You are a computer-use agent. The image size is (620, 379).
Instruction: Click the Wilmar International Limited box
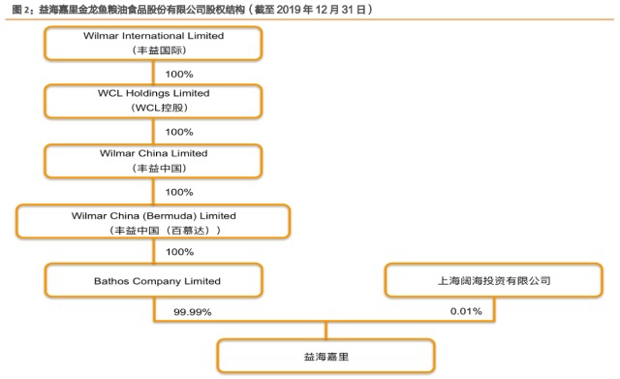point(153,43)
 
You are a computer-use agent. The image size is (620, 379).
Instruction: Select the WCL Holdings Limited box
point(153,101)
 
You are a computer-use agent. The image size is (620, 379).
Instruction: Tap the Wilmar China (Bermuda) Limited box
point(153,221)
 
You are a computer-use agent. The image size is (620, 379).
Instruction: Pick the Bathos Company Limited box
point(153,280)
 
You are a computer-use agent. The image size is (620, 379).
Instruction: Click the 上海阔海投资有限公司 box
point(494,280)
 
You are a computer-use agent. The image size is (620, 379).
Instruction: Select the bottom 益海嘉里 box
point(326,356)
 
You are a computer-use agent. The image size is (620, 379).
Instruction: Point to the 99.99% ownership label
point(193,312)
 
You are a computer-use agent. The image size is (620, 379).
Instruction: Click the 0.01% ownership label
point(466,311)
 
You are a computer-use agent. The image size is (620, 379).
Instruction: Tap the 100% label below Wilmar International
point(179,74)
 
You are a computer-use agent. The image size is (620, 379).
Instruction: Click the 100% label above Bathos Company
point(179,252)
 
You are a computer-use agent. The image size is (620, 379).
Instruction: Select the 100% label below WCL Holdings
point(179,132)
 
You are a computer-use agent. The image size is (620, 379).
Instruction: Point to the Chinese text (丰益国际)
point(159,50)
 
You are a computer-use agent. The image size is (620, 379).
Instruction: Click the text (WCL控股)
point(159,108)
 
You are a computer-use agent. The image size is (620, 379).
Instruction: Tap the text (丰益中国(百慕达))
point(165,231)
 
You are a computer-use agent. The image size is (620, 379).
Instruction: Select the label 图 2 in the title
point(20,10)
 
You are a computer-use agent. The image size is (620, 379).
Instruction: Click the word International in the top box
point(153,36)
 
